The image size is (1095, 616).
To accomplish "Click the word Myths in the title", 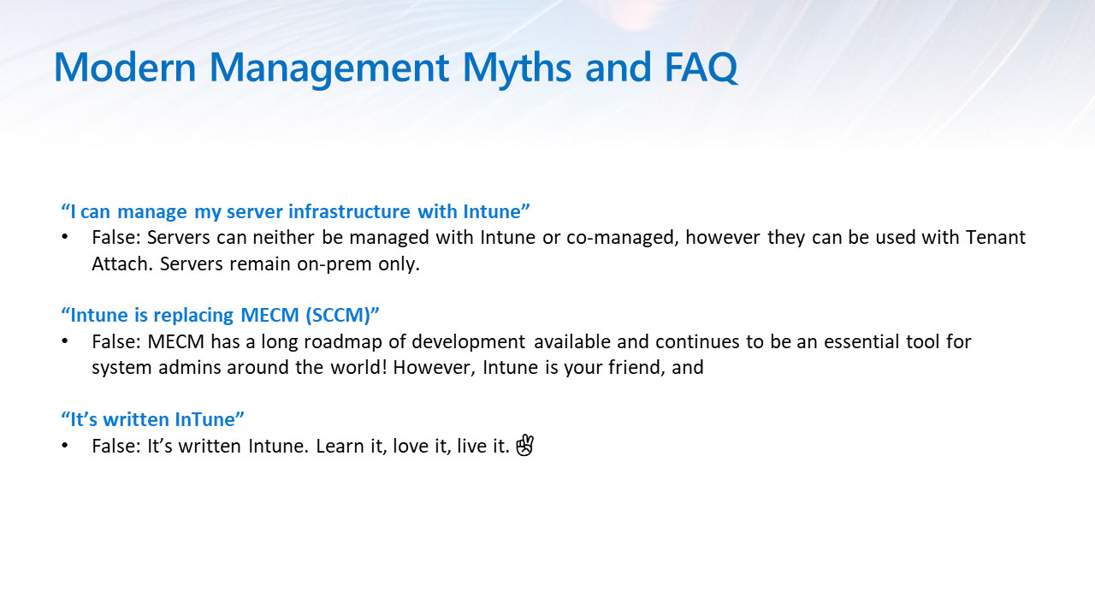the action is (517, 68).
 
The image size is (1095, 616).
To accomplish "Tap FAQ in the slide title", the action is (701, 67).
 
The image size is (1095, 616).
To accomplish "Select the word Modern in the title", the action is (125, 67).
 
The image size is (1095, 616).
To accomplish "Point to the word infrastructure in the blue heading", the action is (349, 211).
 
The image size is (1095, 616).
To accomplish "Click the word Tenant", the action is (995, 237).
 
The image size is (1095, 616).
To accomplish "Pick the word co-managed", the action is (622, 238).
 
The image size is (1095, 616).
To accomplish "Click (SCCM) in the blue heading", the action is (338, 316).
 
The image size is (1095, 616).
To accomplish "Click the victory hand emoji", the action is (525, 445).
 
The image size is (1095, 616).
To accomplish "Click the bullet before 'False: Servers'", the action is (64, 237).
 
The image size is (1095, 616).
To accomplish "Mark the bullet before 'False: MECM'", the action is (64, 341).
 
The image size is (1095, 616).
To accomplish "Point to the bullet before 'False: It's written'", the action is (64, 446).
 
